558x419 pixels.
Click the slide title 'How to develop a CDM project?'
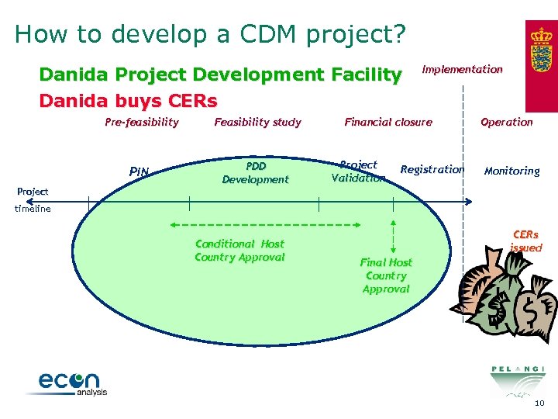pyautogui.click(x=210, y=34)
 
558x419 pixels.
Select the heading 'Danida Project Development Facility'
pyautogui.click(x=220, y=74)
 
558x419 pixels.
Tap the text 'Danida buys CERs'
pyautogui.click(x=128, y=101)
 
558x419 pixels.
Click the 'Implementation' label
pyautogui.click(x=462, y=69)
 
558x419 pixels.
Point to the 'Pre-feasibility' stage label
pyautogui.click(x=142, y=122)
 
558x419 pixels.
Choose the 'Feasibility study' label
pyautogui.click(x=257, y=122)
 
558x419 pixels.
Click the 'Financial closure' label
pyautogui.click(x=388, y=122)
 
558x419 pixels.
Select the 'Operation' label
pyautogui.click(x=507, y=122)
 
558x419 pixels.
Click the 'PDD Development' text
pyautogui.click(x=255, y=172)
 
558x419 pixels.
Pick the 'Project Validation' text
pyautogui.click(x=358, y=171)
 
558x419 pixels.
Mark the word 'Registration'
pyautogui.click(x=432, y=169)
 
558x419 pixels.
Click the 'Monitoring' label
pyautogui.click(x=511, y=171)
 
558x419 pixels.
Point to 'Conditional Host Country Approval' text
pyautogui.click(x=239, y=250)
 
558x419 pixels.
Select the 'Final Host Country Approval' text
pyautogui.click(x=386, y=275)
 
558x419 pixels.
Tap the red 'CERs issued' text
pyautogui.click(x=525, y=241)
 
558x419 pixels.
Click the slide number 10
pyautogui.click(x=539, y=403)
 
